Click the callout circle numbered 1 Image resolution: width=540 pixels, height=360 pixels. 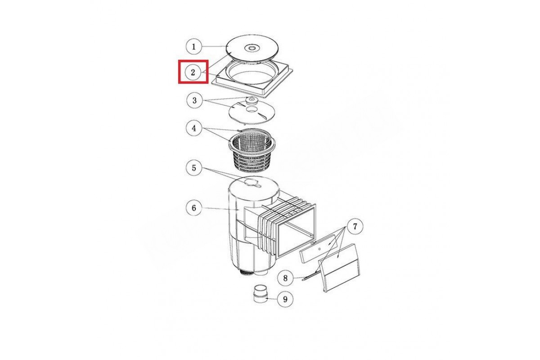click(194, 46)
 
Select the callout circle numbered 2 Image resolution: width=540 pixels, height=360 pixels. click(193, 72)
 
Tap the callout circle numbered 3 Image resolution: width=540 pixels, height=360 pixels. click(194, 100)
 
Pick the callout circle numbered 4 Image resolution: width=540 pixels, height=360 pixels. click(194, 128)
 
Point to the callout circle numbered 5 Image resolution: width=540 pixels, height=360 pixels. click(194, 168)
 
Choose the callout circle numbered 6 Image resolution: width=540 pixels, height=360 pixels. click(194, 207)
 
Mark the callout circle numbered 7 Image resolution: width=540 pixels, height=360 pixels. click(355, 226)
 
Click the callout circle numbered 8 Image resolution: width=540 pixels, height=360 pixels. click(285, 278)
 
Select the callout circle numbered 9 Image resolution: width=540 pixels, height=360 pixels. click(285, 299)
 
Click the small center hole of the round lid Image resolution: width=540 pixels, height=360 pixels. click(252, 48)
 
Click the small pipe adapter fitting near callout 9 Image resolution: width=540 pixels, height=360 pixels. click(261, 294)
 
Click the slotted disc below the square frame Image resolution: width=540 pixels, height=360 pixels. click(252, 112)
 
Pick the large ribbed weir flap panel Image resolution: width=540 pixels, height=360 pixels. click(339, 268)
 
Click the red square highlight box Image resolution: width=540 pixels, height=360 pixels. click(193, 72)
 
